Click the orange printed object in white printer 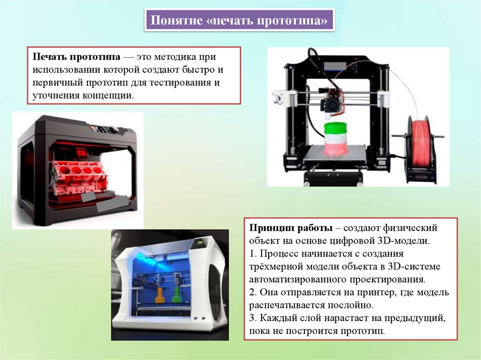(160, 296)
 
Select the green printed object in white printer (177, 296)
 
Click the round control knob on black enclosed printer (114, 130)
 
